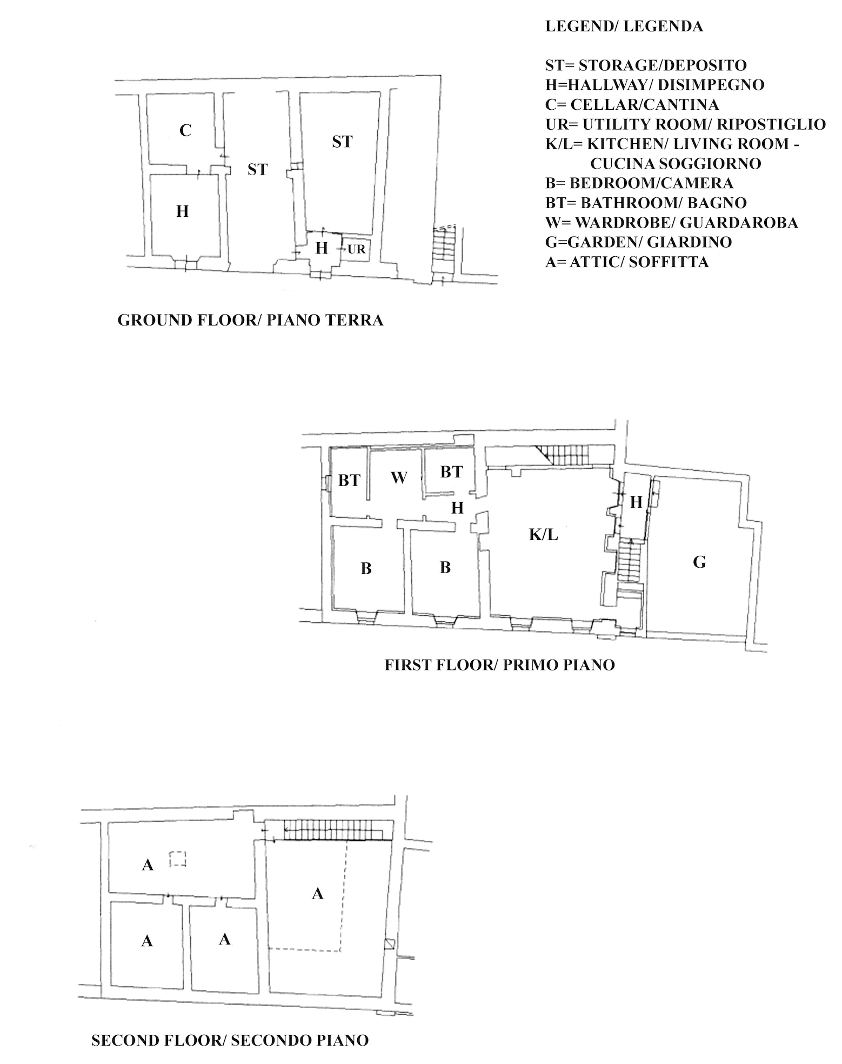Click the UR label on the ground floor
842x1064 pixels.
pyautogui.click(x=357, y=250)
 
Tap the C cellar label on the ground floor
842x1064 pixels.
pyautogui.click(x=185, y=130)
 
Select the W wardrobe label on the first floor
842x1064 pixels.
pyautogui.click(x=399, y=477)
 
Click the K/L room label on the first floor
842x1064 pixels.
pyautogui.click(x=544, y=535)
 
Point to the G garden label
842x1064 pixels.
pyautogui.click(x=699, y=562)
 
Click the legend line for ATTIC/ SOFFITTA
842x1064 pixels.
pyautogui.click(x=627, y=262)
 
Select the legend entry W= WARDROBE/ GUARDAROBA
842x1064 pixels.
pyautogui.click(x=672, y=222)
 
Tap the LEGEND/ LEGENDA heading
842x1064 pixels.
pyautogui.click(x=624, y=26)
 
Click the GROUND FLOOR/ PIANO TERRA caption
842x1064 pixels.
pyautogui.click(x=251, y=320)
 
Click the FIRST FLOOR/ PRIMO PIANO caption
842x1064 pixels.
pyautogui.click(x=500, y=664)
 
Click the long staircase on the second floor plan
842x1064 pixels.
pyautogui.click(x=336, y=829)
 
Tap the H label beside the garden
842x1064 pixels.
pyautogui.click(x=637, y=502)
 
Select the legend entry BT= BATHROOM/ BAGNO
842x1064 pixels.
pyautogui.click(x=646, y=203)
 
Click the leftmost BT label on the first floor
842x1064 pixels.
pyautogui.click(x=349, y=480)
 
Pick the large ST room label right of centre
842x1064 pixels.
pyautogui.click(x=342, y=142)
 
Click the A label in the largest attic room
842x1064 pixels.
pyautogui.click(x=318, y=894)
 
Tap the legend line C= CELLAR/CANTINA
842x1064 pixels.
pyautogui.click(x=632, y=104)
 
